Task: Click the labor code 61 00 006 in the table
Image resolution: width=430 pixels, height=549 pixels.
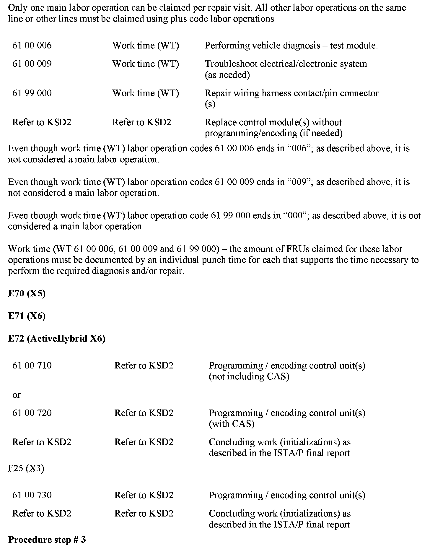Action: point(32,46)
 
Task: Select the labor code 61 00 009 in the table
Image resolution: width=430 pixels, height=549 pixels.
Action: point(32,64)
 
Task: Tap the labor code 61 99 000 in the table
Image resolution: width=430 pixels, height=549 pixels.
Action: point(32,93)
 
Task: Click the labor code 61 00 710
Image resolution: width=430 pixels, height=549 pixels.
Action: point(32,366)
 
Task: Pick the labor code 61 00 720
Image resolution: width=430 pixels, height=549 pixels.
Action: point(32,413)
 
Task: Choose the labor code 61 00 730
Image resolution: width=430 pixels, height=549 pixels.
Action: point(32,495)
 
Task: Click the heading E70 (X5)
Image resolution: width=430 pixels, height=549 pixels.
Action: point(27,294)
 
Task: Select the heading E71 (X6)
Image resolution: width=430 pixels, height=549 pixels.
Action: point(27,316)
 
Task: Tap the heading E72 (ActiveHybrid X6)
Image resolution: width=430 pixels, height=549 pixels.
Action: point(57,339)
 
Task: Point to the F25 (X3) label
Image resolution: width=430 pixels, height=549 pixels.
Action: point(26,469)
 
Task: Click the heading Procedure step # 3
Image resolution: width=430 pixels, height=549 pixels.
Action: point(47,540)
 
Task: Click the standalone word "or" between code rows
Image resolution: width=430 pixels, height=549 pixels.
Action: point(17,395)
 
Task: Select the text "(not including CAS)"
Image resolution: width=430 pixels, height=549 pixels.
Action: point(249,376)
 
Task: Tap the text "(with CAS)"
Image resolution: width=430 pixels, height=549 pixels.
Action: point(231,424)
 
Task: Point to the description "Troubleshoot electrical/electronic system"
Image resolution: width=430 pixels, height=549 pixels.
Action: point(286,64)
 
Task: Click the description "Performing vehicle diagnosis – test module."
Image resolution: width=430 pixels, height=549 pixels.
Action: point(291,46)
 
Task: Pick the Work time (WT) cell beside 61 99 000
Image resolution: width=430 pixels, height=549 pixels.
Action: point(146,93)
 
